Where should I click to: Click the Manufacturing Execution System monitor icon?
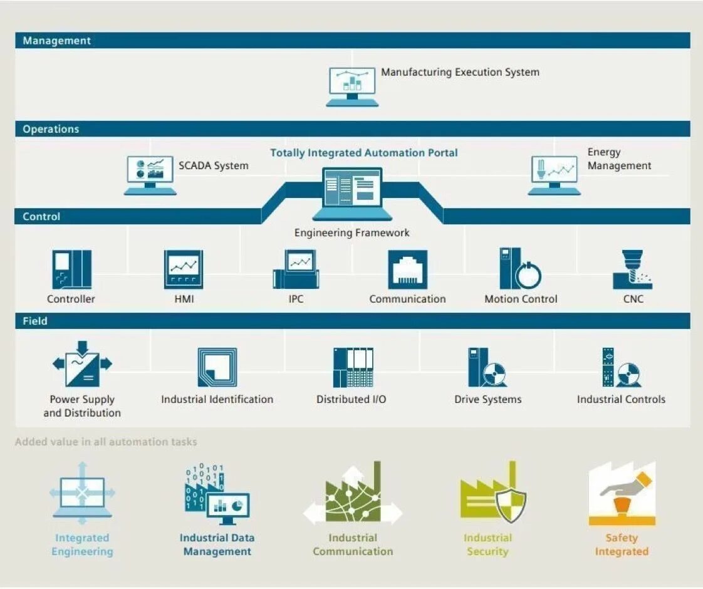[351, 86]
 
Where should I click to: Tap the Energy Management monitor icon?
[554, 174]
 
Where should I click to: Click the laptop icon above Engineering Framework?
[351, 193]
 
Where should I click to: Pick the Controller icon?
[71, 269]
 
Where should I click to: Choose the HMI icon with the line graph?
[184, 269]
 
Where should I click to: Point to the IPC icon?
[296, 269]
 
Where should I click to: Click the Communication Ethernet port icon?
[407, 269]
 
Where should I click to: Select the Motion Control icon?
[520, 268]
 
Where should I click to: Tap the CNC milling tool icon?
[632, 269]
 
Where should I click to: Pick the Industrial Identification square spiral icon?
[217, 367]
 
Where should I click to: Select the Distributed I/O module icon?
[353, 367]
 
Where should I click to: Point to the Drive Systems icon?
[487, 367]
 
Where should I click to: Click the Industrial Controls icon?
[621, 367]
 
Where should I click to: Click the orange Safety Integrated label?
[621, 545]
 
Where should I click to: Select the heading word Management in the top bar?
[57, 41]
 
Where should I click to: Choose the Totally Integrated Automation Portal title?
[363, 153]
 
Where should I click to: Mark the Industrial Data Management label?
[217, 545]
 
